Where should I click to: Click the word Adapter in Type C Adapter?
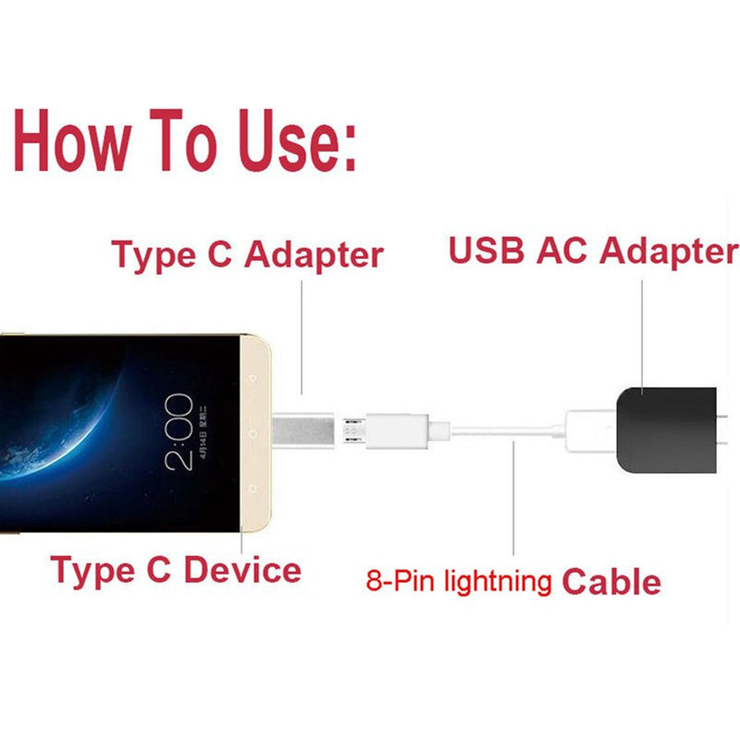tap(314, 254)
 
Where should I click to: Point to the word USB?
tap(486, 251)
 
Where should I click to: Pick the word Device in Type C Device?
tap(242, 569)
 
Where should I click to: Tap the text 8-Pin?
tap(401, 581)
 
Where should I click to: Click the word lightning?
tap(497, 582)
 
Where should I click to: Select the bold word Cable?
tap(611, 581)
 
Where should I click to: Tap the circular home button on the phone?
tap(252, 432)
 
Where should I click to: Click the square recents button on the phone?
tap(252, 487)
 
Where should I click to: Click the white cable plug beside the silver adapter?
tap(395, 430)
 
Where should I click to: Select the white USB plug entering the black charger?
tap(587, 429)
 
